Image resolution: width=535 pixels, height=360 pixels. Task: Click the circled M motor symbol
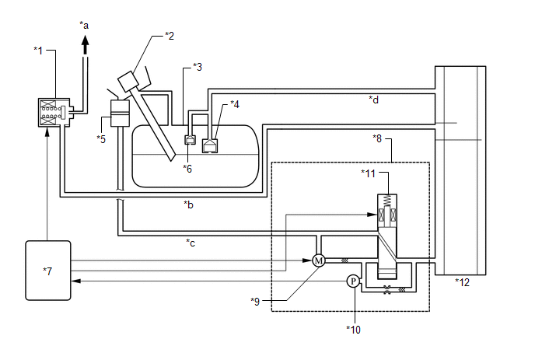[319, 260]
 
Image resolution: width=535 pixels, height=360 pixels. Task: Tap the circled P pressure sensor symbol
[353, 281]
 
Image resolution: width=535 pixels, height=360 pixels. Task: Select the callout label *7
[47, 271]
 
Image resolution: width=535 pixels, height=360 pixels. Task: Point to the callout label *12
[463, 282]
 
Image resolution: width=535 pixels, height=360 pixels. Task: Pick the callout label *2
[170, 36]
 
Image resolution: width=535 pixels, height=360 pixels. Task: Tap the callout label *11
[368, 173]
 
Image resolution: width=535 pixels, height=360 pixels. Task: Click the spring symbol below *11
[387, 201]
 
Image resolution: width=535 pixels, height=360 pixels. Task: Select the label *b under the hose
[189, 204]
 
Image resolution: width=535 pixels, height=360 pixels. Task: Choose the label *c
[191, 243]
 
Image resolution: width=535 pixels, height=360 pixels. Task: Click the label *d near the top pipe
[373, 100]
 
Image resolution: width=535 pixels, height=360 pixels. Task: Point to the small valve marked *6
[190, 139]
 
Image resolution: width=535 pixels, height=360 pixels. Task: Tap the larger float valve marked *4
[210, 145]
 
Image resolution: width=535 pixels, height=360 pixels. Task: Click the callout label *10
[354, 330]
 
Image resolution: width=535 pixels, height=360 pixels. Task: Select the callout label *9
[255, 302]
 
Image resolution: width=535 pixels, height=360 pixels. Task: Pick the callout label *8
[377, 138]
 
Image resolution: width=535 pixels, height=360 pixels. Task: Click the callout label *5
[101, 139]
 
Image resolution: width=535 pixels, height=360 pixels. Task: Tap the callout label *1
[38, 51]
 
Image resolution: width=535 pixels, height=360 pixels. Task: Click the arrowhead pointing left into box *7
[75, 281]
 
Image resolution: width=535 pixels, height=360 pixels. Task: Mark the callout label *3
[198, 67]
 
